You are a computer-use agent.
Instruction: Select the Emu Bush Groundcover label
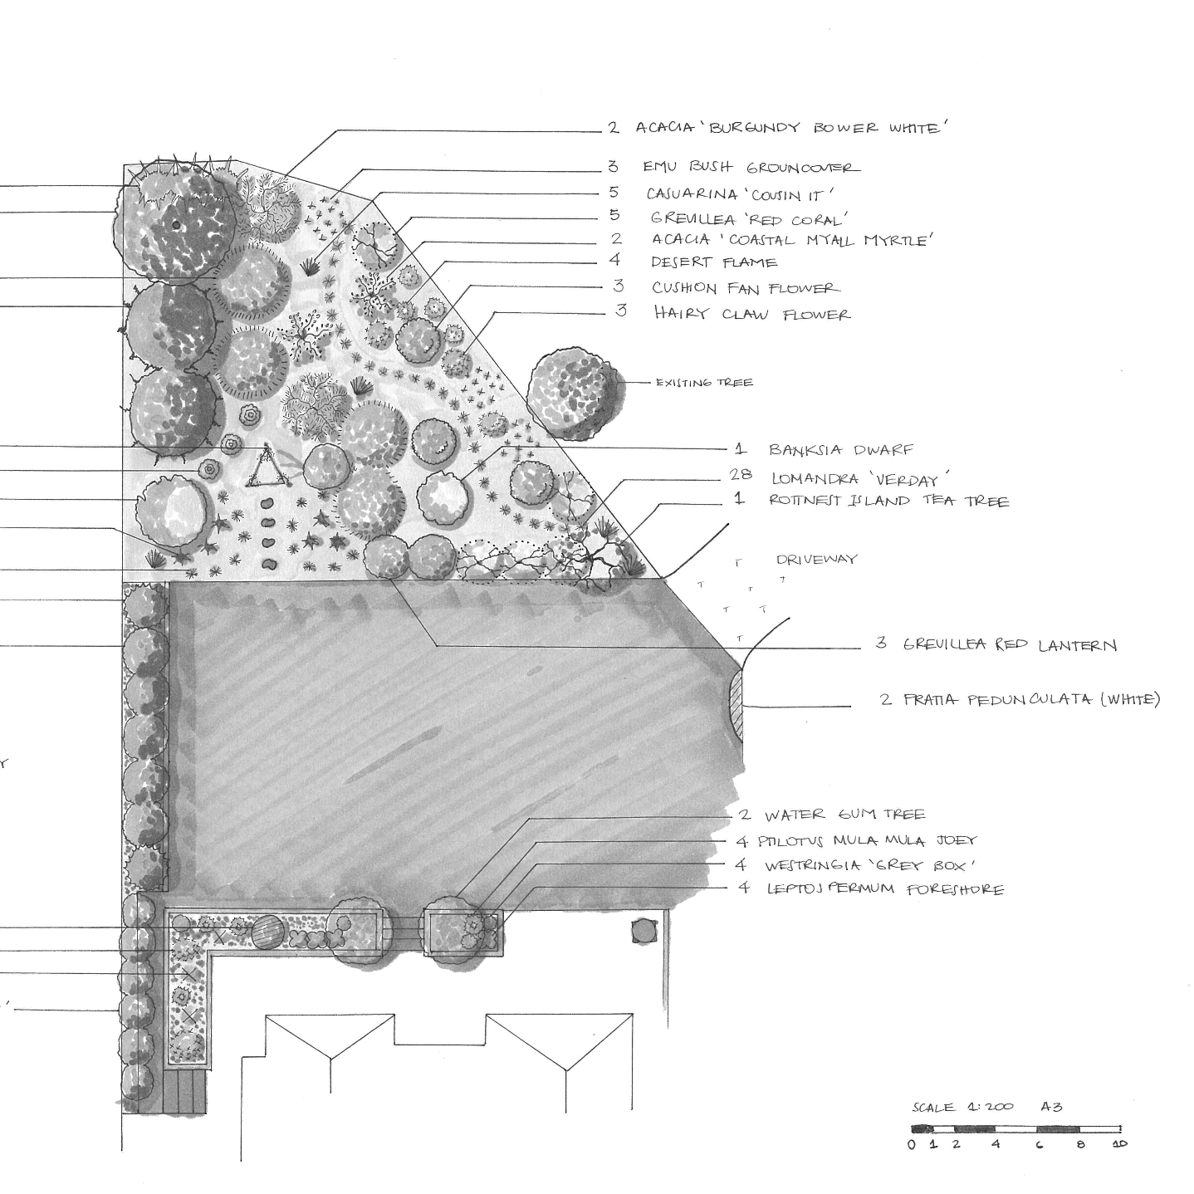tap(751, 168)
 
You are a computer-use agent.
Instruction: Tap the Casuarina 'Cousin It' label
tap(740, 194)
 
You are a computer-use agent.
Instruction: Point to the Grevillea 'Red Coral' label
tap(748, 219)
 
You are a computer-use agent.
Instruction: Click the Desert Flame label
tap(714, 262)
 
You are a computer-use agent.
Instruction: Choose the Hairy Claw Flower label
tap(751, 314)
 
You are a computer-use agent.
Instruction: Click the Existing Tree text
tap(704, 383)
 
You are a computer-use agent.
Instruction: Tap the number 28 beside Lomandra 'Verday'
tap(741, 475)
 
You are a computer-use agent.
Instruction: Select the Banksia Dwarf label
tap(840, 450)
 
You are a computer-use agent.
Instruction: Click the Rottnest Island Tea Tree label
tap(888, 502)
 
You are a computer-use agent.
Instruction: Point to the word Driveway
tap(816, 560)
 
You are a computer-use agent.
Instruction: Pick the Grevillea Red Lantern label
tap(1010, 645)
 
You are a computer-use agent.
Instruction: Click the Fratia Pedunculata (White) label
tap(1030, 700)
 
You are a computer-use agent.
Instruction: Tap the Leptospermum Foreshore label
tap(883, 889)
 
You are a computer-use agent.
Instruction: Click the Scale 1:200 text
tap(963, 1107)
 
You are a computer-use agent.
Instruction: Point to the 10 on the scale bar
tap(1120, 1144)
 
